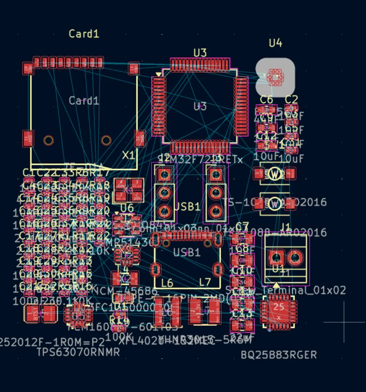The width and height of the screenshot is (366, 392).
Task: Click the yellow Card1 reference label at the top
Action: click(84, 34)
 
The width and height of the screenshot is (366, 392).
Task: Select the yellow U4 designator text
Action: click(276, 43)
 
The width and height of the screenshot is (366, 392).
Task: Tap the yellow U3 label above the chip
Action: click(200, 53)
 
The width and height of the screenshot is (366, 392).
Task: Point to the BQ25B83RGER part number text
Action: click(279, 355)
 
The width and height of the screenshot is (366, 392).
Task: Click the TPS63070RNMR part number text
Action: click(78, 352)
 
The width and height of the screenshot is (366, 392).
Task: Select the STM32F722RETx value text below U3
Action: click(200, 159)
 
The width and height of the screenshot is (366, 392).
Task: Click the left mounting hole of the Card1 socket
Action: click(49, 140)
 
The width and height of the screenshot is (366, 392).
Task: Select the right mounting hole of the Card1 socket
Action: click(106, 140)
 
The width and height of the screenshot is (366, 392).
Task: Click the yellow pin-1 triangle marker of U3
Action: click(158, 75)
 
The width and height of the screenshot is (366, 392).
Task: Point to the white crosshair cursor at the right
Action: click(344, 322)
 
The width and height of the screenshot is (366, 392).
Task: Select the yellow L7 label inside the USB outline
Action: click(205, 282)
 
